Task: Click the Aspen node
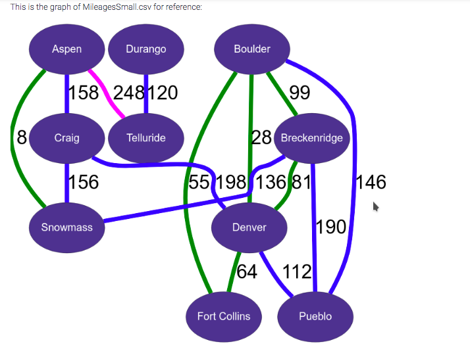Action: point(67,49)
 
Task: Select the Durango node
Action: point(145,49)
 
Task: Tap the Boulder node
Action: point(252,49)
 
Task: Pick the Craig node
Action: point(67,138)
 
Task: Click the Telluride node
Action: point(145,138)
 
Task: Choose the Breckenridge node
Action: point(311,138)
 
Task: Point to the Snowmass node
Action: point(67,228)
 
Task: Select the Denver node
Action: point(249,228)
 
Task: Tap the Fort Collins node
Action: point(224,316)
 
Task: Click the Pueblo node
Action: point(315,316)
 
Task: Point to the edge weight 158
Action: point(84,93)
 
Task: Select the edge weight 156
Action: point(84,181)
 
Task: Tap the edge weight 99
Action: point(300,93)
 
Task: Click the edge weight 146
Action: point(371,181)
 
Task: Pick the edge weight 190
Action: point(331,227)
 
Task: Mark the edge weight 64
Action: point(247,271)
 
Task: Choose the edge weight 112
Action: point(297,271)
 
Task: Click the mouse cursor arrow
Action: point(376,206)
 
